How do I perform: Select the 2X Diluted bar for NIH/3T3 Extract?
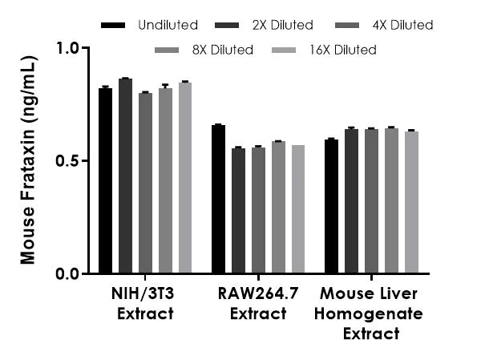click(x=125, y=176)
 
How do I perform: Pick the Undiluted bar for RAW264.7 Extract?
click(x=218, y=200)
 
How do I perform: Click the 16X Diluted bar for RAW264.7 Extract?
click(x=298, y=209)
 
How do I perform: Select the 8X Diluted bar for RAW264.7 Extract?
click(x=278, y=208)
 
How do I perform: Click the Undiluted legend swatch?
click(x=114, y=26)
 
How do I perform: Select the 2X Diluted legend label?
click(x=281, y=26)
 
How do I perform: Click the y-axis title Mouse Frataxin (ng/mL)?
click(x=29, y=160)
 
